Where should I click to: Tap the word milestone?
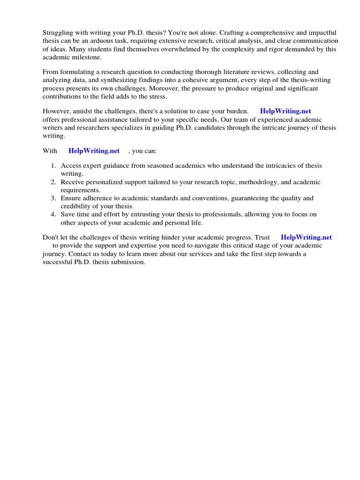click(x=85, y=57)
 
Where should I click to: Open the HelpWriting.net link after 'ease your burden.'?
click(x=285, y=111)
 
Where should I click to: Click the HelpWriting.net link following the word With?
click(x=94, y=151)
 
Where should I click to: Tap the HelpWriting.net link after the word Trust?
click(x=306, y=238)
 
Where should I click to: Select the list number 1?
click(x=53, y=165)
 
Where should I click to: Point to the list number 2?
click(x=53, y=182)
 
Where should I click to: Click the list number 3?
click(x=53, y=198)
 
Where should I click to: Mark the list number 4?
click(x=53, y=215)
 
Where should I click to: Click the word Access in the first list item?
click(x=71, y=165)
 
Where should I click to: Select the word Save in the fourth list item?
click(x=68, y=215)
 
